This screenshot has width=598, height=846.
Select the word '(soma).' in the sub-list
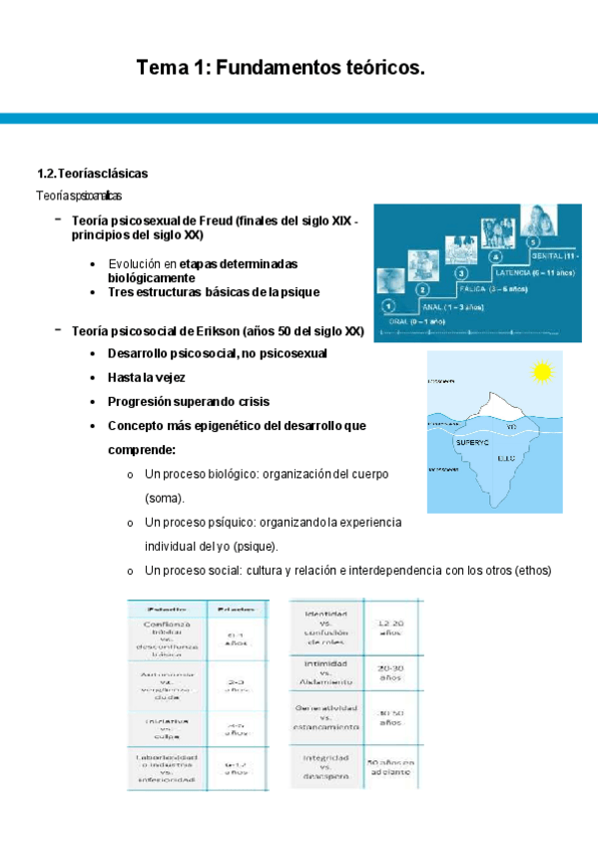[x=165, y=497]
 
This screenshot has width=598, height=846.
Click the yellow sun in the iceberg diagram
[x=542, y=373]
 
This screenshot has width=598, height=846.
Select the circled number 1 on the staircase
[x=388, y=306]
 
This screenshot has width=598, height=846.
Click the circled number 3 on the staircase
[x=461, y=272]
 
